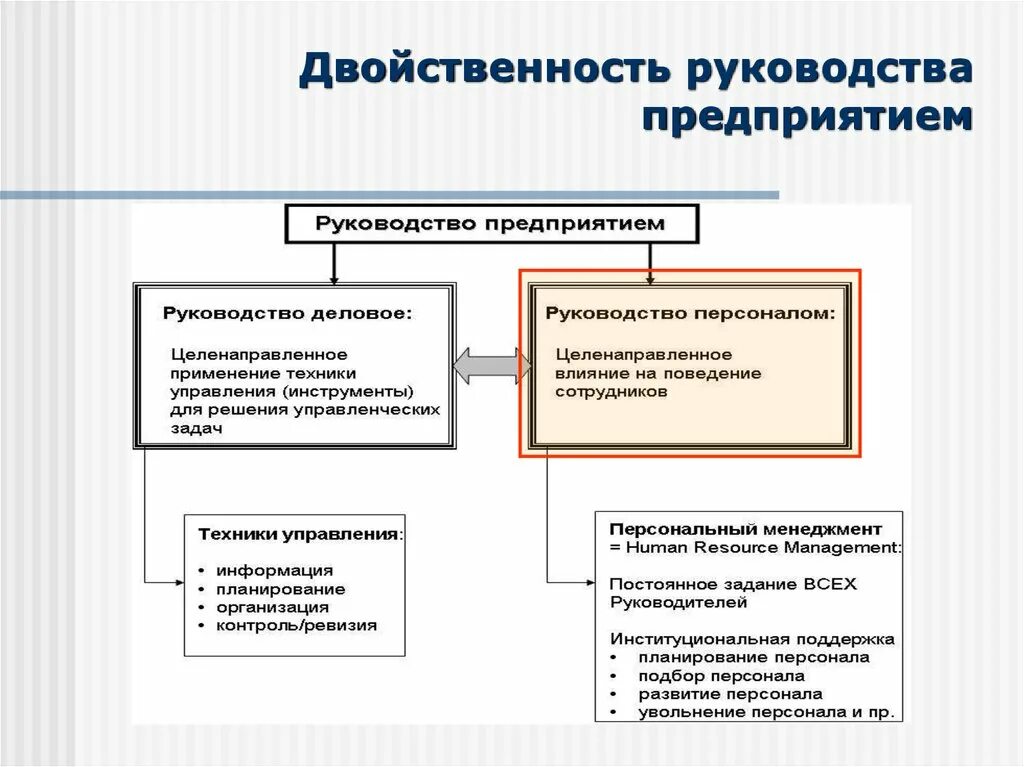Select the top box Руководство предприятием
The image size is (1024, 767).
(490, 224)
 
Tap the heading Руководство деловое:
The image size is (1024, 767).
(287, 314)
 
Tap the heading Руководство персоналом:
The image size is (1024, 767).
(690, 314)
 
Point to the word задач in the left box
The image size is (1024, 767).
(196, 427)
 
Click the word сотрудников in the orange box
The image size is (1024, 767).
(611, 393)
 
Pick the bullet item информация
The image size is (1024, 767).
(274, 569)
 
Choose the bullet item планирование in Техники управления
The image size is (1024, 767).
(281, 588)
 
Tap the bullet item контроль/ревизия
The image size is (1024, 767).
(296, 626)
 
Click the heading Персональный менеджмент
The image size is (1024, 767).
(745, 528)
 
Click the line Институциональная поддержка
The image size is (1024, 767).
(752, 638)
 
